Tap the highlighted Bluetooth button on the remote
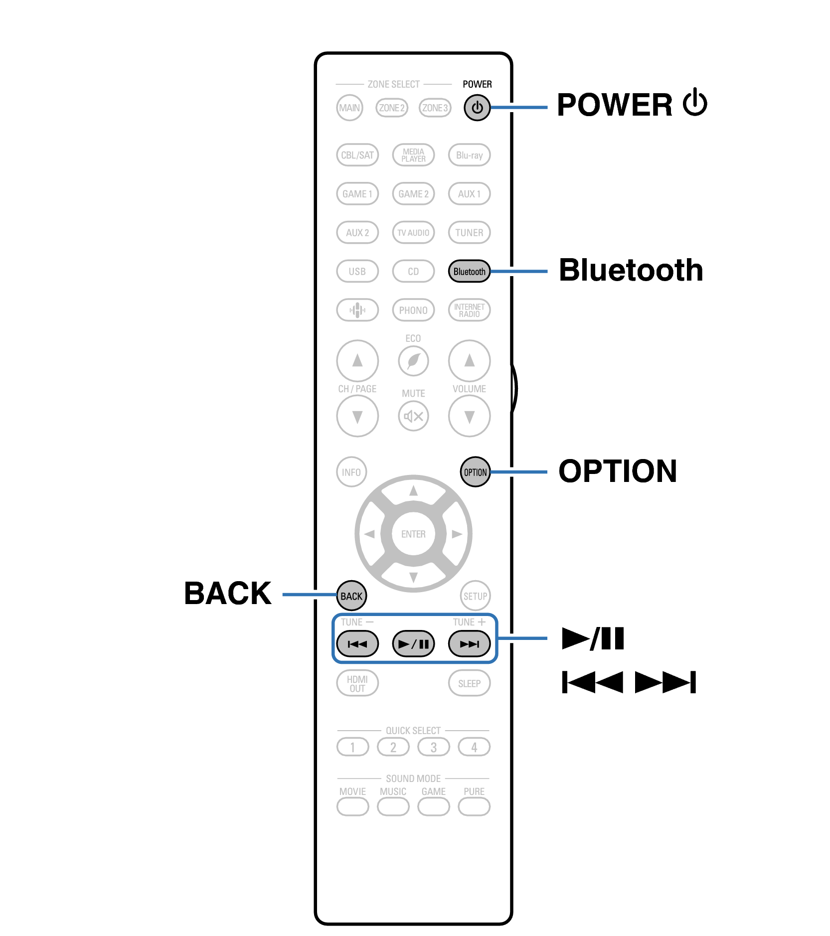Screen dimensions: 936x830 (469, 272)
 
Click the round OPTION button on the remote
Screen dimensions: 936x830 (475, 472)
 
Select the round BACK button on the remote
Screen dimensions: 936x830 (351, 596)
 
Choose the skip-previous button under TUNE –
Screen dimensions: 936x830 (357, 644)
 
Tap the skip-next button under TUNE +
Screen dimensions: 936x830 (469, 644)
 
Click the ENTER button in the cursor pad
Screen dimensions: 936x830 (413, 534)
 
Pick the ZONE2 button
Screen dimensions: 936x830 (392, 108)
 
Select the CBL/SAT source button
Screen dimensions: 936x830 (357, 155)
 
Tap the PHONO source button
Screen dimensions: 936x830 (413, 311)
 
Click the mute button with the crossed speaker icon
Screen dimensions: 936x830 (413, 416)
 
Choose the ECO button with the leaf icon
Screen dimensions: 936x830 (413, 361)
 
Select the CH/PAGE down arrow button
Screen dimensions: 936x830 (357, 416)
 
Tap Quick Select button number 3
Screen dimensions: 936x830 (433, 747)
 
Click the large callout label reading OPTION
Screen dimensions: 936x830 (617, 471)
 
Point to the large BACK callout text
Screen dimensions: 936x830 (228, 594)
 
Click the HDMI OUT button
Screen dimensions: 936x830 (357, 683)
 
